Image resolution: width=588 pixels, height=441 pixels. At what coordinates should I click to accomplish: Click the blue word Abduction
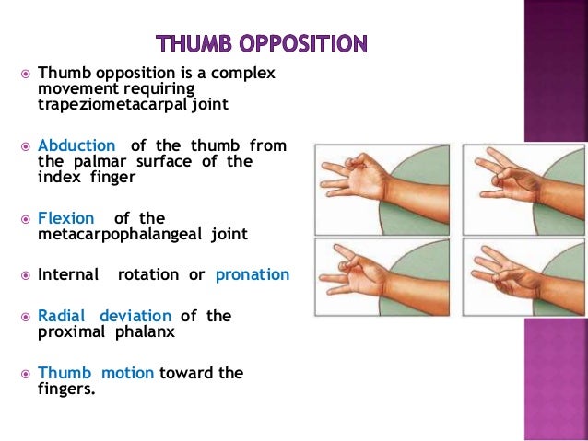(76, 145)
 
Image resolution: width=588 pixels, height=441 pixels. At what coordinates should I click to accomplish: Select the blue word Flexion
(65, 218)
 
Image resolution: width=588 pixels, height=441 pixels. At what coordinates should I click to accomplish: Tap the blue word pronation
(252, 274)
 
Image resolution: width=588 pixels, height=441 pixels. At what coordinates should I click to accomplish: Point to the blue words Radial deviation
(105, 316)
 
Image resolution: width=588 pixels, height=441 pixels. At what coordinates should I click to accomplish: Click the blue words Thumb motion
(96, 373)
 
